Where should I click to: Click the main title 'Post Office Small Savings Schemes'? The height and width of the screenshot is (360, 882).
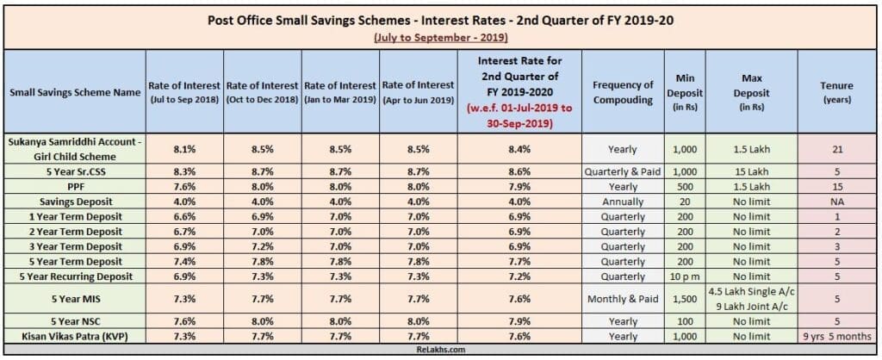[440, 20]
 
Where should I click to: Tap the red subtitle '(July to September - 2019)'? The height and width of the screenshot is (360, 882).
[440, 38]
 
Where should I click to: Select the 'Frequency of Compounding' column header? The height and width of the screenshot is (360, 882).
[623, 91]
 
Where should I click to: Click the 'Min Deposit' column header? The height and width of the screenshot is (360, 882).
[685, 91]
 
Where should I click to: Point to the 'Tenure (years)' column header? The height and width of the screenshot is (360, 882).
[836, 91]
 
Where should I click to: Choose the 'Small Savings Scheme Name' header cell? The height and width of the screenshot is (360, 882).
[74, 92]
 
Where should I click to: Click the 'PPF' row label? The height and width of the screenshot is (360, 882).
[74, 187]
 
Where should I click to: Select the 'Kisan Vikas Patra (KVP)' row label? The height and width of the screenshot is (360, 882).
[74, 337]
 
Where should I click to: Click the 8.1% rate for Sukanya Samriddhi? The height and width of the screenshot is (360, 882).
[185, 148]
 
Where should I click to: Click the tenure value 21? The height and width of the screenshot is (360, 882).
[836, 148]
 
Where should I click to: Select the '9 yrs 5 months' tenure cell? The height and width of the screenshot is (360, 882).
[836, 337]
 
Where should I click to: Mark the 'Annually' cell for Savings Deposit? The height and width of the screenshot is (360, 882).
[623, 202]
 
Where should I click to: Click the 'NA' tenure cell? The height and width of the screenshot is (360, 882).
[836, 202]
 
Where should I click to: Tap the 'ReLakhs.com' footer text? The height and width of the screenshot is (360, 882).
[440, 351]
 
